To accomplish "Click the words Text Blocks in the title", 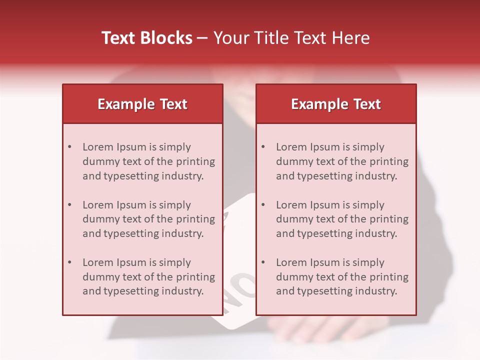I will click(147, 38).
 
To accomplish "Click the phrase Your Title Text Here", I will click(291, 38).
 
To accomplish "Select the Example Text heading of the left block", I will click(142, 104).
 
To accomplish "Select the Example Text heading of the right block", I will click(336, 104).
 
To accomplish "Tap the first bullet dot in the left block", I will click(69, 147).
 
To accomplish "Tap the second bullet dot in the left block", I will click(69, 205).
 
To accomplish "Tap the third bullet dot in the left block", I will click(69, 262).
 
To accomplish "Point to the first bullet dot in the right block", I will click(263, 147).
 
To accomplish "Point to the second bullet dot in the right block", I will click(263, 205).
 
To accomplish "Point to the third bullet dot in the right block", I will click(263, 262).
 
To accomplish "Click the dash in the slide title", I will click(203, 38).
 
